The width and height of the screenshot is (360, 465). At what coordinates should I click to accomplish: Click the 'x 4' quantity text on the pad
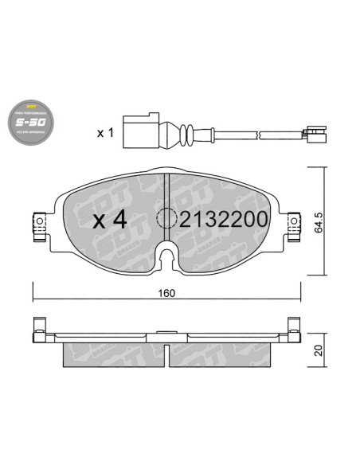[x=110, y=219]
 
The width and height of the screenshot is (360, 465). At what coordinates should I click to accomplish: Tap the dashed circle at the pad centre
[x=169, y=217]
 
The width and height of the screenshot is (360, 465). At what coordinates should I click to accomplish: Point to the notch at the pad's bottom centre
[x=166, y=256]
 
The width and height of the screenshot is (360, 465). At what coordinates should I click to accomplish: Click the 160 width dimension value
[x=166, y=291]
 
